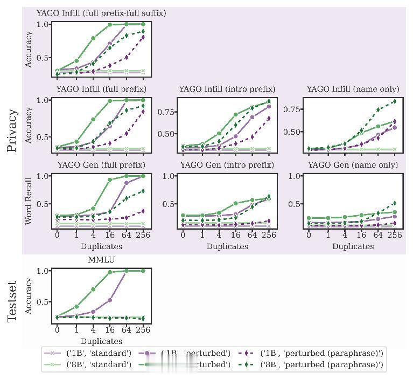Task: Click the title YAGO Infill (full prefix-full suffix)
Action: coord(101,13)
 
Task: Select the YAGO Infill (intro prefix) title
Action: coord(227,88)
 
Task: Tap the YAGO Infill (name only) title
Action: coord(353,88)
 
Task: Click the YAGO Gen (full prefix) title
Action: coord(101,164)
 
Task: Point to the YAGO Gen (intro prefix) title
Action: coord(227,164)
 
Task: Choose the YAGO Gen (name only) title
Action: coord(353,164)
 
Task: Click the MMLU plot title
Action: coord(101,260)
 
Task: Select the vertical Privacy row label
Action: coord(12,130)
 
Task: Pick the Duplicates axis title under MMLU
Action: coord(101,341)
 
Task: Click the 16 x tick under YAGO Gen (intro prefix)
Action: coord(236,235)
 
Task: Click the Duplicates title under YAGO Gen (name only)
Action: coord(353,246)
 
